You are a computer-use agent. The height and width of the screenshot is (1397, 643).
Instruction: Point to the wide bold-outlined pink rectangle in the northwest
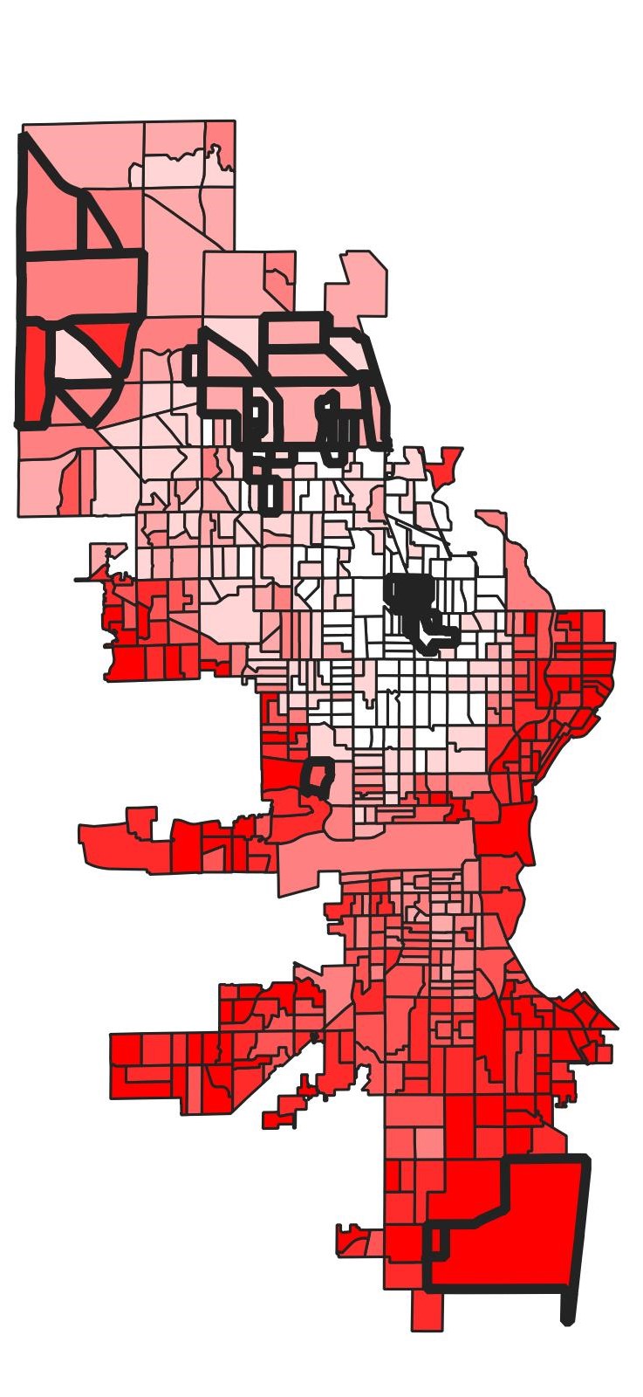click(82, 283)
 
